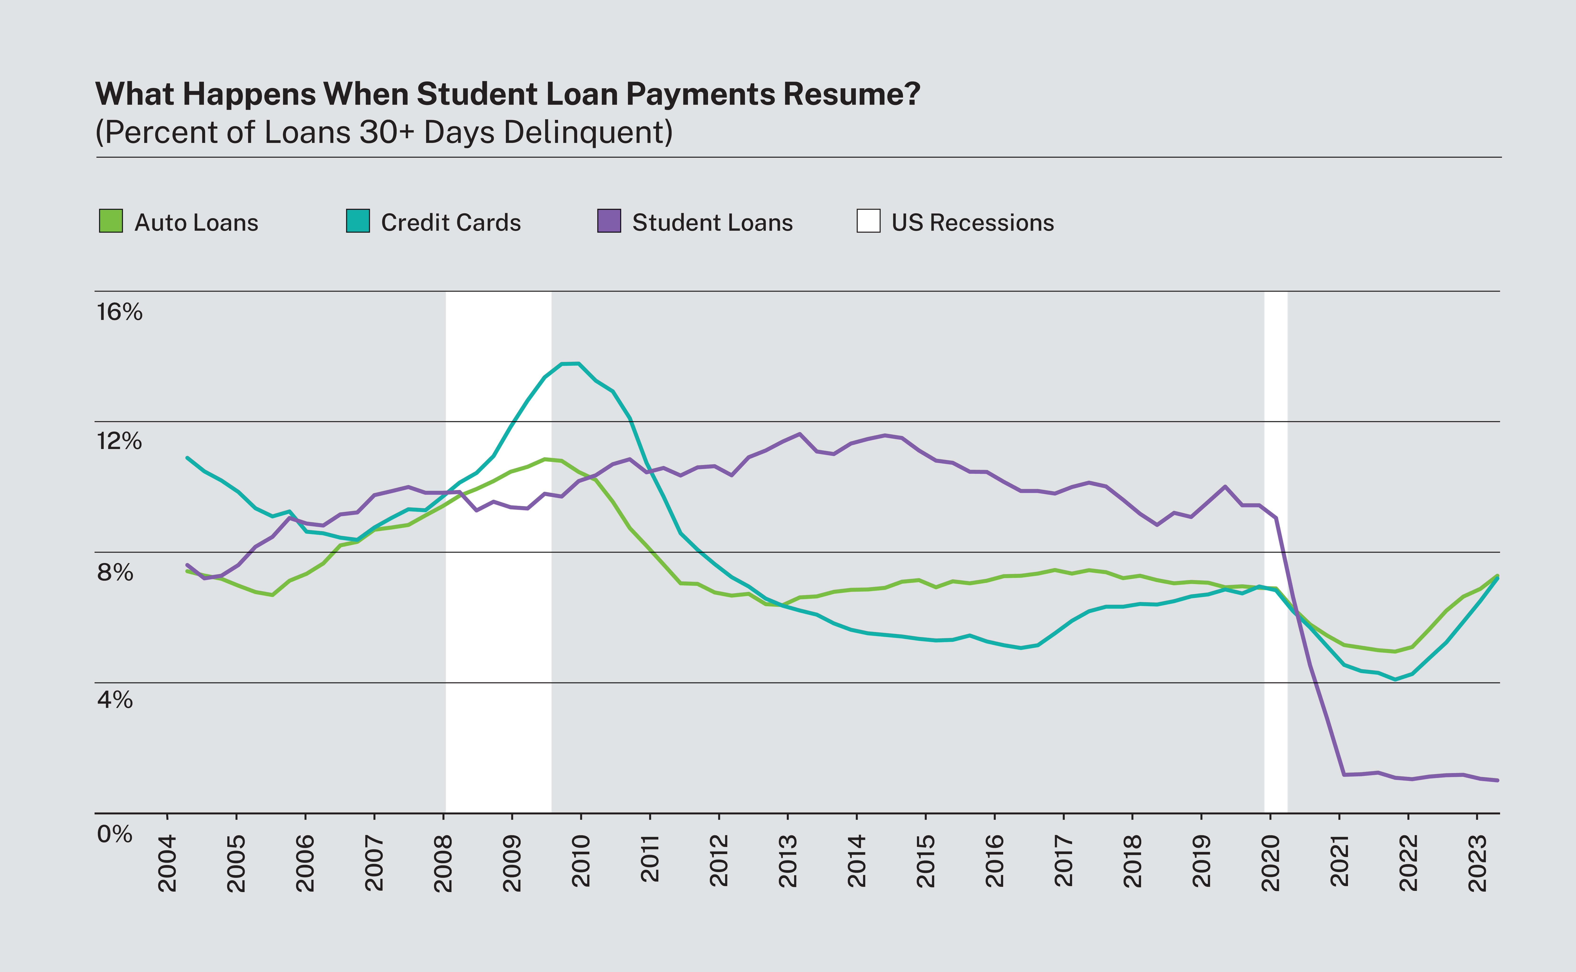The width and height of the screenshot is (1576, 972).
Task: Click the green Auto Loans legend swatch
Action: [111, 221]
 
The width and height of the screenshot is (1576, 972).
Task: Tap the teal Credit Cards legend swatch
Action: [358, 221]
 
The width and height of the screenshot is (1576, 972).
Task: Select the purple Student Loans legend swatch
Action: [608, 221]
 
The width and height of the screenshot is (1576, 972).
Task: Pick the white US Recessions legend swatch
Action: [868, 221]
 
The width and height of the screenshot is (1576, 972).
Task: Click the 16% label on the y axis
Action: [120, 313]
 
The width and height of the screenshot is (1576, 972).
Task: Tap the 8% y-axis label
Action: [115, 572]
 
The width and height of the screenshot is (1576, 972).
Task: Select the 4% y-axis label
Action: [115, 700]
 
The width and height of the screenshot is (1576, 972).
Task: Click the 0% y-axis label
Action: [115, 834]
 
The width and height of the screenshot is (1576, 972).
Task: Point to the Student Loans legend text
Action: [712, 222]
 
